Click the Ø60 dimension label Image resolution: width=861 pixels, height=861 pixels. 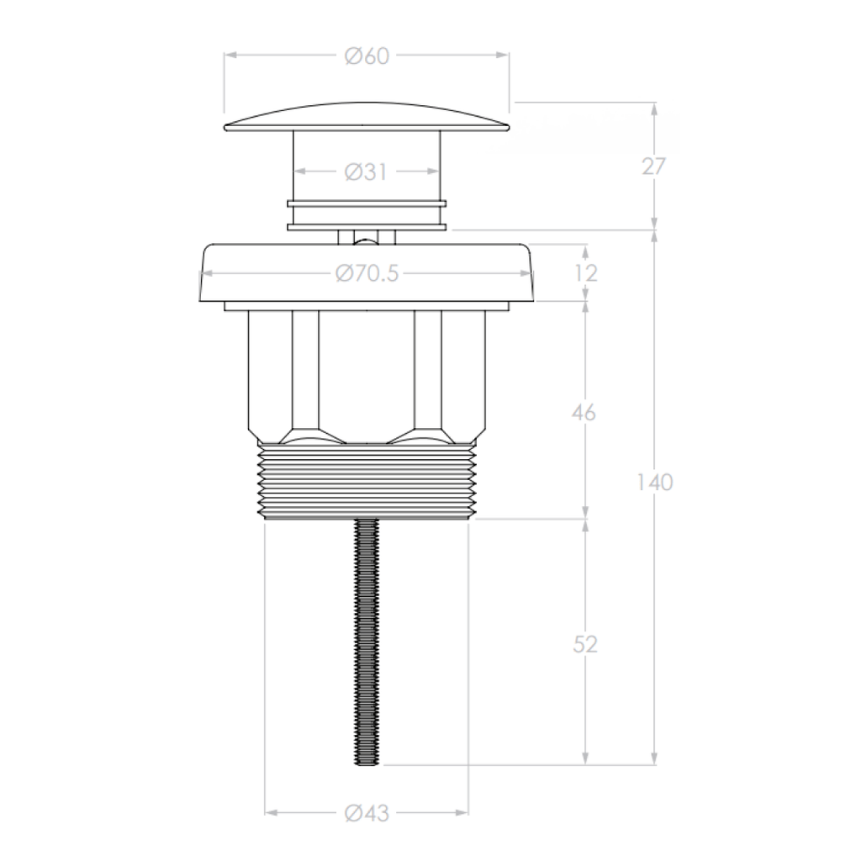pos(367,56)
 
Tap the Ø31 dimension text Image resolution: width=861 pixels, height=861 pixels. pos(367,172)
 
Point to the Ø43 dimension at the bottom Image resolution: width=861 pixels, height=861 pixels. pos(367,813)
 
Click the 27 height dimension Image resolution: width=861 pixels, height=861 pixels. pos(653,166)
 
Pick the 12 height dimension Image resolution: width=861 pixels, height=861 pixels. pos(586,273)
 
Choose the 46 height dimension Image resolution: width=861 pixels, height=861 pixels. pos(586,413)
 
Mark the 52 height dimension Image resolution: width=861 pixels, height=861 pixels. pos(586,645)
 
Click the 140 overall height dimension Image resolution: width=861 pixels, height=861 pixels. pos(654,483)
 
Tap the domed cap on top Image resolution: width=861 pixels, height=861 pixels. pos(367,118)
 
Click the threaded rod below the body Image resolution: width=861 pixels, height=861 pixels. pos(367,639)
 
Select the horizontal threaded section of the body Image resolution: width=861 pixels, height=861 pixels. pos(367,483)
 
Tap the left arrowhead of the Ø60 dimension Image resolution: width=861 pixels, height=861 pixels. pos(230,55)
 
